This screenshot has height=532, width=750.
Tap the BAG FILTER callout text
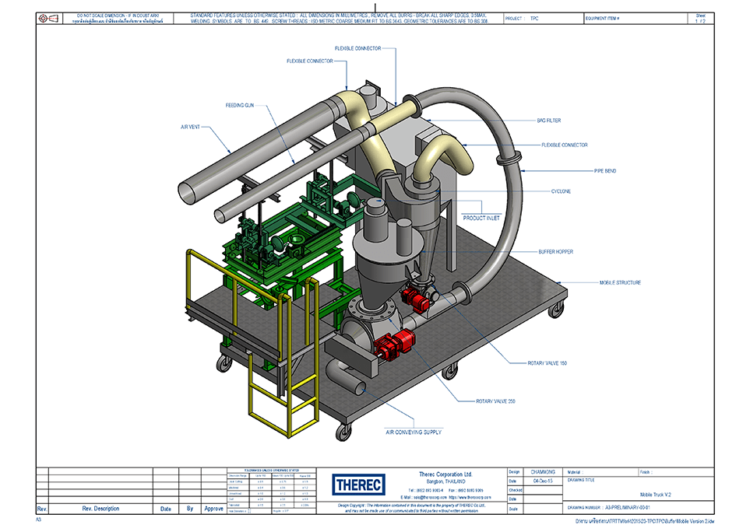click(548, 121)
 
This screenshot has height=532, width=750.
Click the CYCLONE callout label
click(561, 191)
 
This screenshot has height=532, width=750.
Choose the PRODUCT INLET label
click(481, 218)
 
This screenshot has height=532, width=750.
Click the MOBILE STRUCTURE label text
click(620, 282)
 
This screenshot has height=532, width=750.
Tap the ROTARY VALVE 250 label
click(496, 401)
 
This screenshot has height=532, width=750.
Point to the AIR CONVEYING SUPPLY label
click(414, 432)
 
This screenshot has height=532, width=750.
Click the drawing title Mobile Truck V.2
click(657, 494)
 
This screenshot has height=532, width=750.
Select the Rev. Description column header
click(100, 509)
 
